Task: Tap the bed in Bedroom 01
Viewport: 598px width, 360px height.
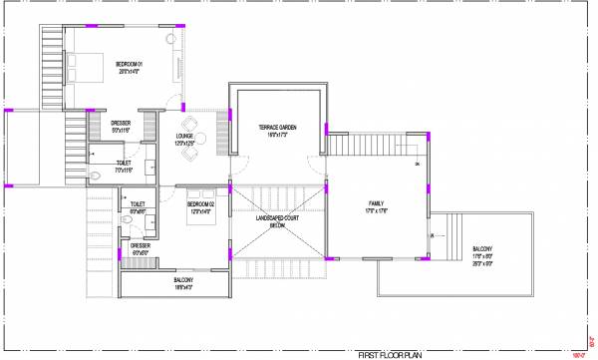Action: tap(82, 67)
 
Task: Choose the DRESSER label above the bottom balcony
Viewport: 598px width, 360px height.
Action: tap(140, 245)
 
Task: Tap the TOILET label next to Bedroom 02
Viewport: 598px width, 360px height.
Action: tap(140, 205)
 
